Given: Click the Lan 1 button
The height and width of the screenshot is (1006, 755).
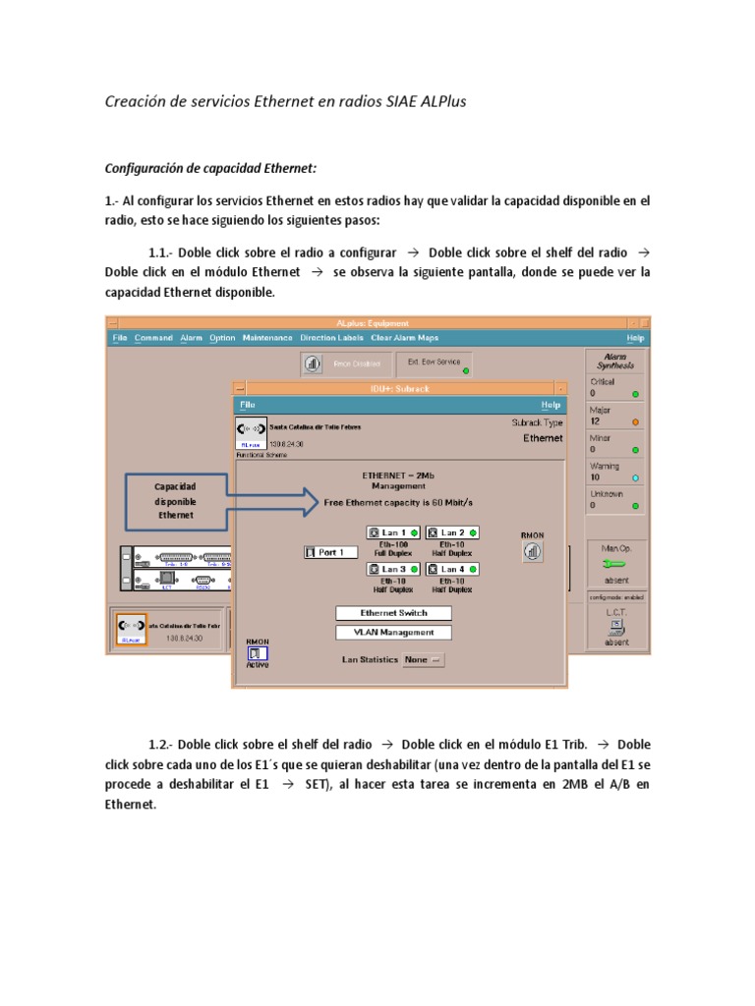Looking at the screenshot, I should (x=393, y=532).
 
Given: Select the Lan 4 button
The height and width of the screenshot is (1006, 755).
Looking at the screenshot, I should (x=452, y=569).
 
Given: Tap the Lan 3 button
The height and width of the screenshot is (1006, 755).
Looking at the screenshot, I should (x=393, y=569).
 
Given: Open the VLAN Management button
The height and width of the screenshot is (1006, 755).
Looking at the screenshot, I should (x=393, y=633).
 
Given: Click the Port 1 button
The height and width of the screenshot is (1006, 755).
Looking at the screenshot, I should (x=325, y=552).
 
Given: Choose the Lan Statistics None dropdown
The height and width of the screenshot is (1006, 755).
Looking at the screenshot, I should (x=424, y=660).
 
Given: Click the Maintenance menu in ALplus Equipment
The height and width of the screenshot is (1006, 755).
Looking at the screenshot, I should (x=267, y=338).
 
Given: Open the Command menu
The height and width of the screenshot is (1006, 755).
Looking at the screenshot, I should (x=153, y=338).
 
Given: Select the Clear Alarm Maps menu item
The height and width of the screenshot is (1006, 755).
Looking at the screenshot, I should (x=405, y=338).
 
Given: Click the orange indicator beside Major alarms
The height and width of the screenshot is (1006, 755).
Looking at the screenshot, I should (x=635, y=421).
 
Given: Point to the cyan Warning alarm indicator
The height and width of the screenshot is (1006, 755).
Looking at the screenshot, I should (x=635, y=477).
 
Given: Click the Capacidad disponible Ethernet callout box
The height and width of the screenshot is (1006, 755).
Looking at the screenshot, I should (x=175, y=500).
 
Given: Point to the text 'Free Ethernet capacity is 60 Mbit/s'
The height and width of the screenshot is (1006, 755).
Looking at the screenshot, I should (x=399, y=502).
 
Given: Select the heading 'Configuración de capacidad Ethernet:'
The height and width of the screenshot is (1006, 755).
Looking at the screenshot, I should (x=211, y=168).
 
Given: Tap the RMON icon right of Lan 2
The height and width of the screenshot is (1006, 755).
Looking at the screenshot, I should (x=532, y=551).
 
